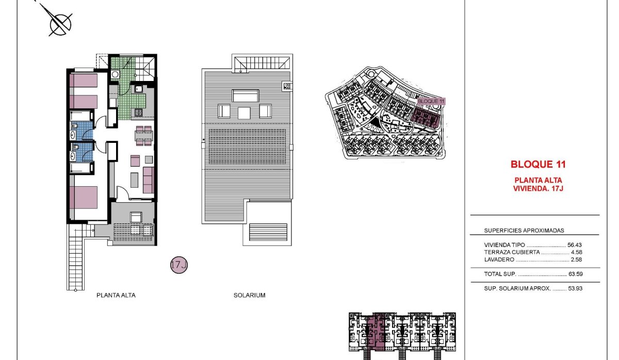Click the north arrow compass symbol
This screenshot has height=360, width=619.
pyautogui.click(x=60, y=23)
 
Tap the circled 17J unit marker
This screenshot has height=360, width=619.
pyautogui.click(x=178, y=266)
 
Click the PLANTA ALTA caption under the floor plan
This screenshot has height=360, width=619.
pyautogui.click(x=116, y=296)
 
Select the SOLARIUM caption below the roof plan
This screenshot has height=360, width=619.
pyautogui.click(x=249, y=296)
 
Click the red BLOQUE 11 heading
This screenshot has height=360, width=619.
pyautogui.click(x=538, y=165)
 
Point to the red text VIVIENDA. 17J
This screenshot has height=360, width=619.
pyautogui.click(x=538, y=189)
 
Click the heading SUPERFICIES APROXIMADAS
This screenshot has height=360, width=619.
pyautogui.click(x=524, y=231)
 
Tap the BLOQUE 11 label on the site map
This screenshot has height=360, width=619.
pyautogui.click(x=430, y=102)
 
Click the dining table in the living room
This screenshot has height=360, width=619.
pyautogui.click(x=144, y=136)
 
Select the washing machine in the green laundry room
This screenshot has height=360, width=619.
pyautogui.click(x=116, y=74)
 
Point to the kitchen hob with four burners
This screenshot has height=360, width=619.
pyautogui.click(x=138, y=112)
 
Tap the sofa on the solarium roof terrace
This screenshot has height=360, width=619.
pyautogui.click(x=246, y=96)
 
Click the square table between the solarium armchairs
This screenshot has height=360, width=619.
pyautogui.click(x=245, y=112)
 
